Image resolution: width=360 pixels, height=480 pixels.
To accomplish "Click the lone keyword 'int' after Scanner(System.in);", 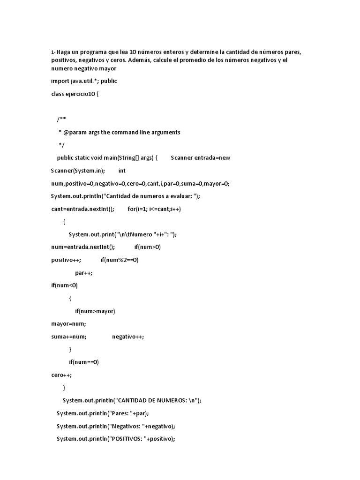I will tap(122, 171).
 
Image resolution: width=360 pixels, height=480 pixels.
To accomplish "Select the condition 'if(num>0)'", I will tap(147, 247).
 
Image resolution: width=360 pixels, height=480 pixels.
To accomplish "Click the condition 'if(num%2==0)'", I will tap(119, 260).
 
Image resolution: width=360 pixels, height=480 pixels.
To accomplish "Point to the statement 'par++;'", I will tap(83, 273).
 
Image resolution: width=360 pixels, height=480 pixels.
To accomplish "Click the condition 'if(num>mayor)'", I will tap(95, 311).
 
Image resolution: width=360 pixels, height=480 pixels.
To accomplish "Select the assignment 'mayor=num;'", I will tap(68, 324).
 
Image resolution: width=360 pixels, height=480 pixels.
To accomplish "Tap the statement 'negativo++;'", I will tap(128, 337).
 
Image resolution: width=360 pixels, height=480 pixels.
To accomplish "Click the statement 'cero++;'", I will tap(61, 375).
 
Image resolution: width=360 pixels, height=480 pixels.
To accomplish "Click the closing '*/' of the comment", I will tap(61, 145).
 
